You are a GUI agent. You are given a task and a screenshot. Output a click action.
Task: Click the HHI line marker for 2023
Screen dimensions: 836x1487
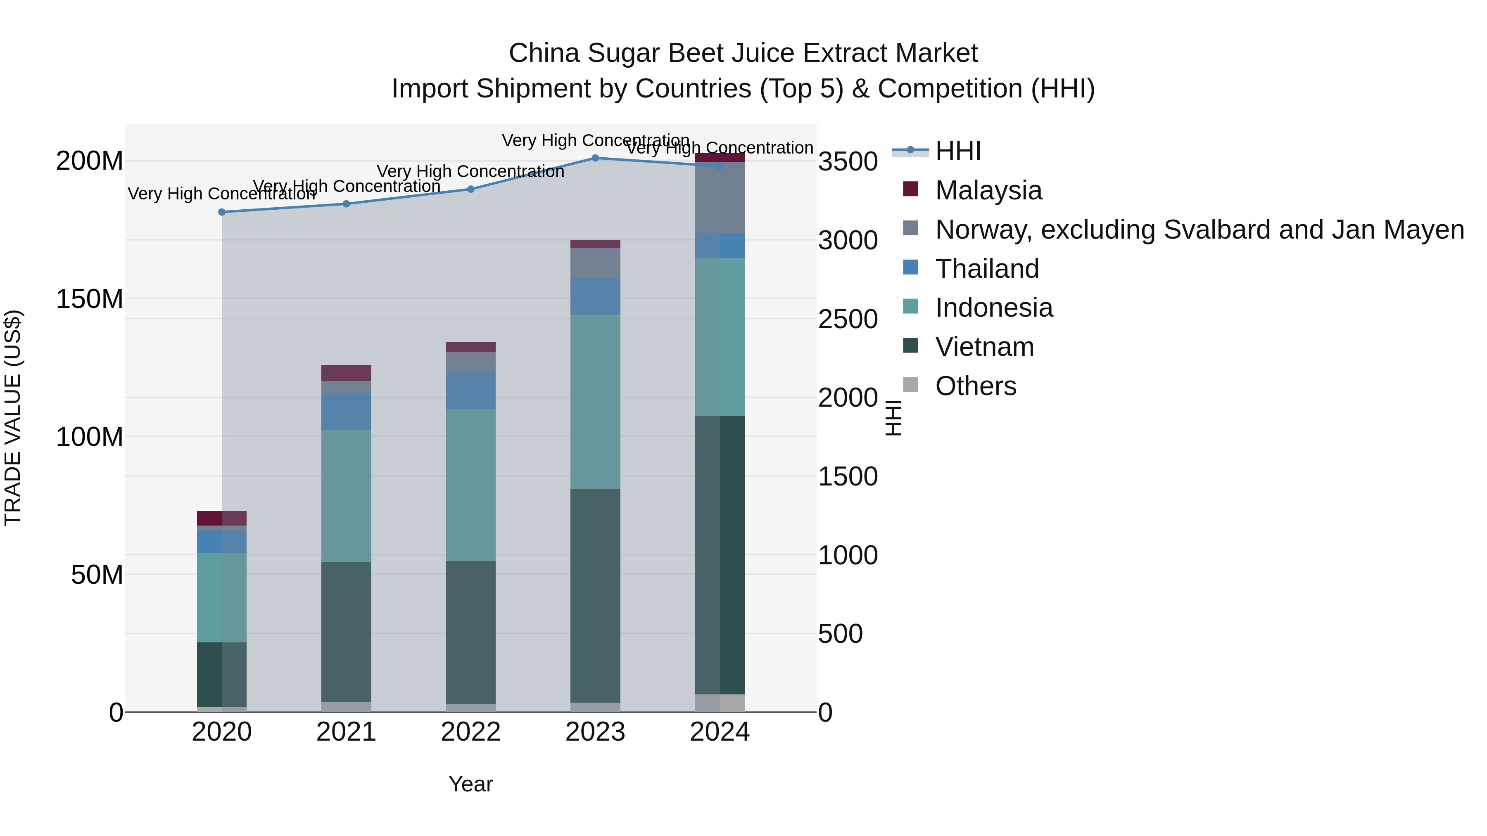coord(595,158)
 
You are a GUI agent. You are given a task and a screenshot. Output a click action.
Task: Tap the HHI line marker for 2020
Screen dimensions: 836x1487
coord(222,212)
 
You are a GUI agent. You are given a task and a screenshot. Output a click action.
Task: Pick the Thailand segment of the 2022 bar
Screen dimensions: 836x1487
coord(470,391)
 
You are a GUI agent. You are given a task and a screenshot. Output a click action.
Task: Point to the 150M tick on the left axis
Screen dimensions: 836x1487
coord(90,299)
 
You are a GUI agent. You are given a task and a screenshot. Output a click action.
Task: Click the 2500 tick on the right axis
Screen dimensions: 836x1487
coord(848,319)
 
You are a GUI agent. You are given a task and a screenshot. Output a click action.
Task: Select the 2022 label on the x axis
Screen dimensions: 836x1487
coord(470,732)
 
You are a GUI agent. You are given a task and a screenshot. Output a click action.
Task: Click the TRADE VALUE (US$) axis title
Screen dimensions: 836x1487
coord(13,418)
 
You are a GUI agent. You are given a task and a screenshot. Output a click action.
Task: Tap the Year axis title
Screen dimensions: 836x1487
coord(470,784)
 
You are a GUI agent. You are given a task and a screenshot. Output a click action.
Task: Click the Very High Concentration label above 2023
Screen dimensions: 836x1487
coord(595,140)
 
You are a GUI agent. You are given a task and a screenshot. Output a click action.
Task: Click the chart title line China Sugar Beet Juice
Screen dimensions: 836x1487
coord(743,53)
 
